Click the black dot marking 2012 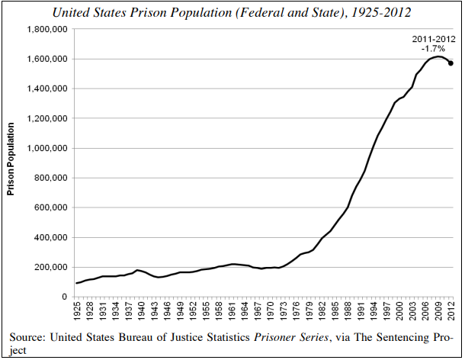click(451, 63)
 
